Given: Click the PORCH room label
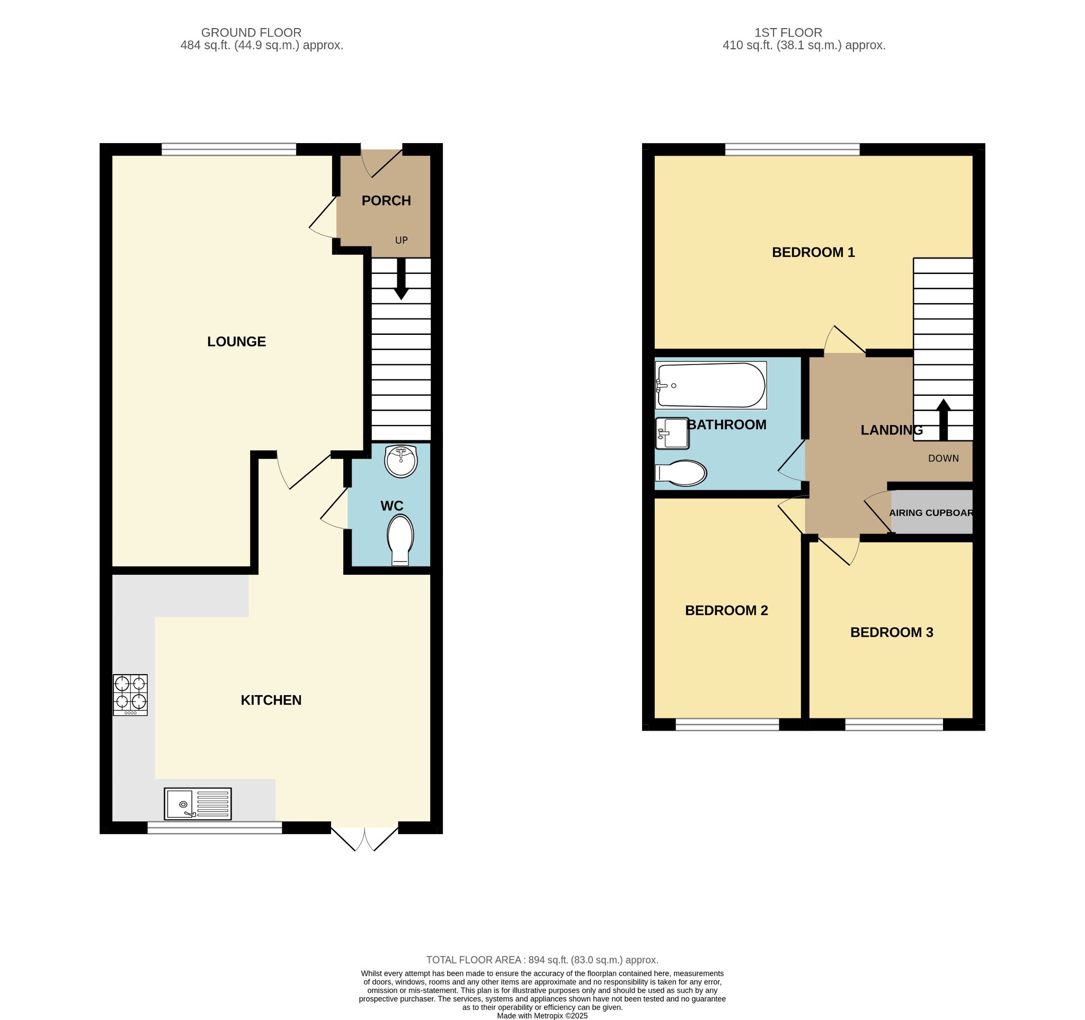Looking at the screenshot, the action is tap(386, 200).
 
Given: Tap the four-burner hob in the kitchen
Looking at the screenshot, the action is tap(130, 695).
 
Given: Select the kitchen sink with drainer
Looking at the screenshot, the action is tap(198, 803).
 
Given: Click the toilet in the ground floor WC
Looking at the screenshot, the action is tap(400, 540).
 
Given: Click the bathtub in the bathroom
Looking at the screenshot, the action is tap(711, 385).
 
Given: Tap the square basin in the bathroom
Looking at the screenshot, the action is tap(672, 433).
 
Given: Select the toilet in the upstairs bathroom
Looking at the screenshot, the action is tap(681, 473).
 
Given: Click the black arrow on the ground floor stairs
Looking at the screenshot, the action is tap(401, 278).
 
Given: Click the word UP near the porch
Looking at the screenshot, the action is tap(401, 240).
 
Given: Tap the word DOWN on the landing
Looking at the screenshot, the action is tap(943, 458).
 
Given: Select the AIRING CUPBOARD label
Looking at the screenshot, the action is tap(931, 513).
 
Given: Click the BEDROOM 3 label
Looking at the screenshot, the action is tap(891, 632).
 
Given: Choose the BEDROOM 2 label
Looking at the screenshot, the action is tap(726, 610).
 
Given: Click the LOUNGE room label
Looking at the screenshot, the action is tap(236, 342).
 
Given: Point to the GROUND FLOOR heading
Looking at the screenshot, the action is tap(251, 33).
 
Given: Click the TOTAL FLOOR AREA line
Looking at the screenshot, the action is tap(542, 960).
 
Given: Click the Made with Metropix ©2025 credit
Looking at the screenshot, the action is tap(542, 1016).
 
